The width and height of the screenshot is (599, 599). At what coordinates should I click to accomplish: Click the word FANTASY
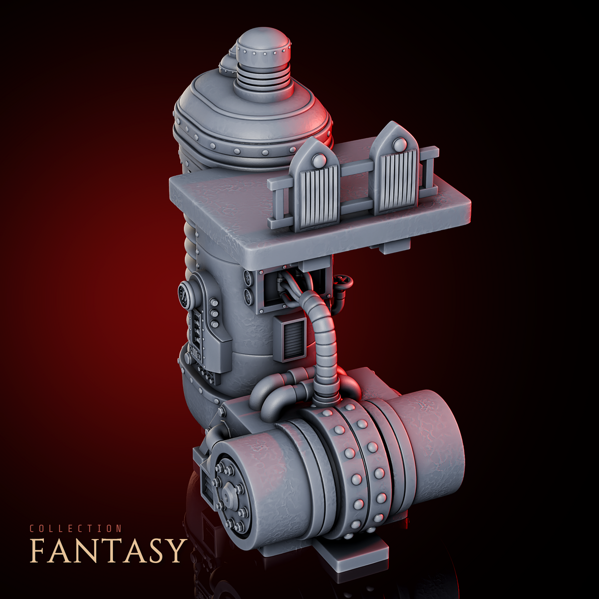108,555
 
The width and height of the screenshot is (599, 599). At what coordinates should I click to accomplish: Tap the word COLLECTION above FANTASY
76,529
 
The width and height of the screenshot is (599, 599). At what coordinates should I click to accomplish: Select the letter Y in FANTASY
174,555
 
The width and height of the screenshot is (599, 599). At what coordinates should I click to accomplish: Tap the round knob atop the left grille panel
317,160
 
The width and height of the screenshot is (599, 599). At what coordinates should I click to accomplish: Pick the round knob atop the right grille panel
397,145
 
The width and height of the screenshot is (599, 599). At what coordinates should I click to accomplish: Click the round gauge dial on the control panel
186,293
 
